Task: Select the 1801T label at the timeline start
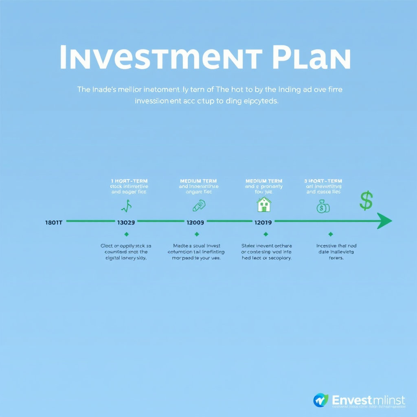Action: pyautogui.click(x=53, y=222)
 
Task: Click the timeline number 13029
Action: pyautogui.click(x=126, y=222)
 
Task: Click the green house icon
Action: pyautogui.click(x=264, y=204)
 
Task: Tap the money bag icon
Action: pyautogui.click(x=323, y=207)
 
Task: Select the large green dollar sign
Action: pyautogui.click(x=367, y=201)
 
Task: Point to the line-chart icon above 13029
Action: pyautogui.click(x=126, y=207)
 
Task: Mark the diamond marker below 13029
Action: pyautogui.click(x=126, y=234)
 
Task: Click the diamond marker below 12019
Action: pyautogui.click(x=266, y=234)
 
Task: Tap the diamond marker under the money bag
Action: pyautogui.click(x=330, y=234)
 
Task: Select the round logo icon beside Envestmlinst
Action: pyautogui.click(x=320, y=400)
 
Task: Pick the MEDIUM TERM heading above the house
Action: pyautogui.click(x=263, y=181)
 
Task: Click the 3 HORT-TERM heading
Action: pyautogui.click(x=323, y=181)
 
